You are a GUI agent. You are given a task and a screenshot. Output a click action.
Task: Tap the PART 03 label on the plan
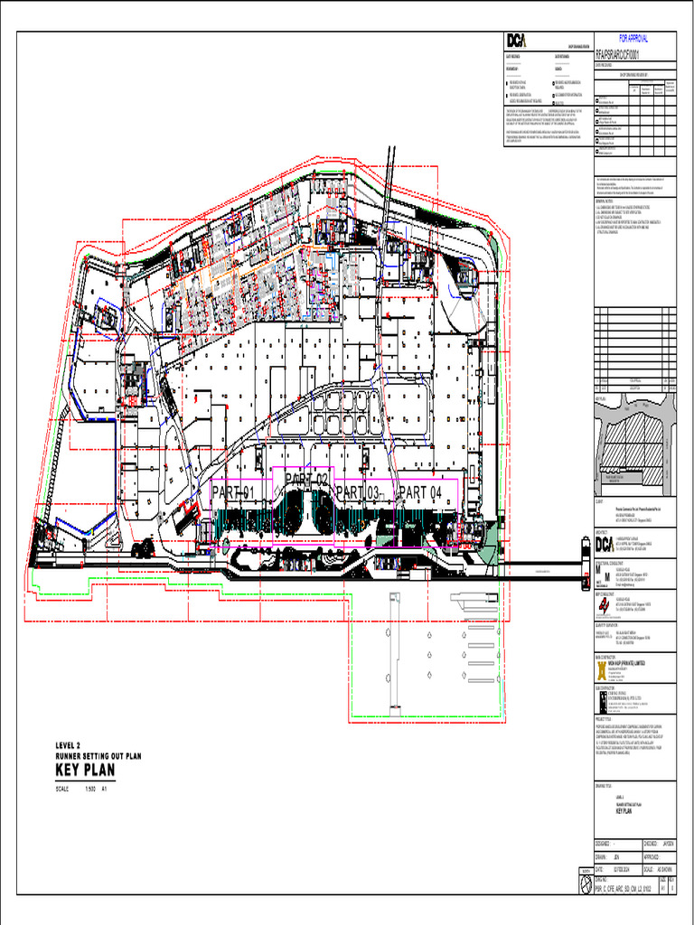(x=358, y=492)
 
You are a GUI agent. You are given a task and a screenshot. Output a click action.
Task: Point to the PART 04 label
(x=420, y=492)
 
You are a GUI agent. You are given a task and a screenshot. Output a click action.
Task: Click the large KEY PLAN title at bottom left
(x=86, y=769)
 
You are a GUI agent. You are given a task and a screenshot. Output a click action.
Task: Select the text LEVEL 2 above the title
(x=69, y=745)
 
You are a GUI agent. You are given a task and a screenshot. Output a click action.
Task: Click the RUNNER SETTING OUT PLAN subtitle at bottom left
(x=98, y=755)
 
